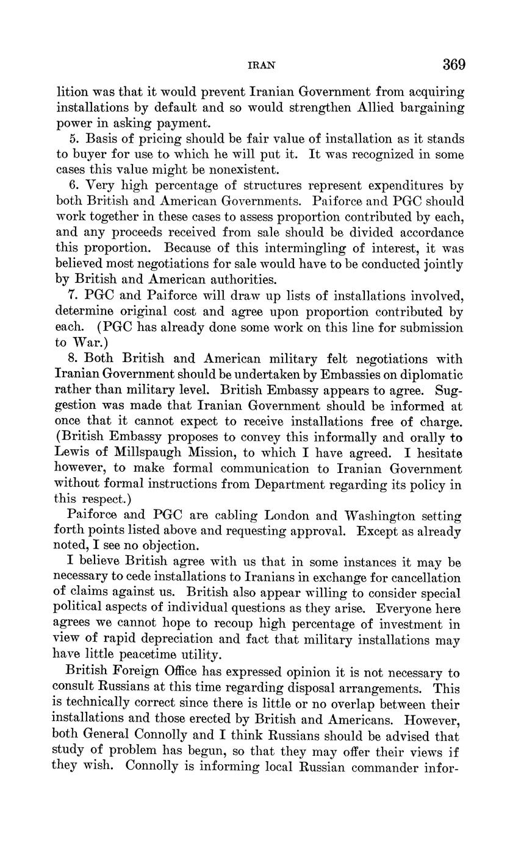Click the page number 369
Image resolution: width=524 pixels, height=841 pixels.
click(x=454, y=65)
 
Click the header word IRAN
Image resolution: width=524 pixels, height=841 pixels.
click(x=262, y=66)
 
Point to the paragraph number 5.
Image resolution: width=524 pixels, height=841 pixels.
click(x=74, y=139)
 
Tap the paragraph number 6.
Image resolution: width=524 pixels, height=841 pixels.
click(x=74, y=185)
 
